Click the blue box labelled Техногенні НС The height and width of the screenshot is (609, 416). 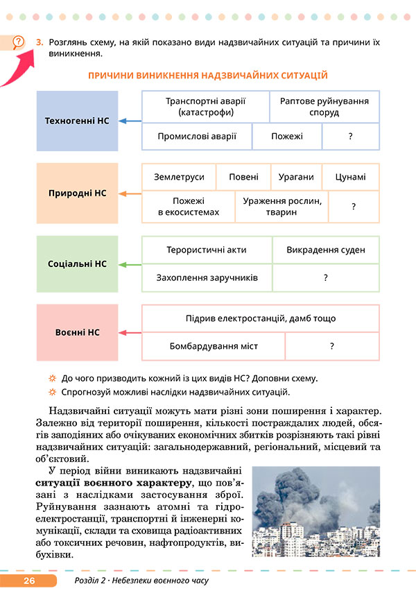77,121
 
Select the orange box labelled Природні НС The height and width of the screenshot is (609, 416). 77,193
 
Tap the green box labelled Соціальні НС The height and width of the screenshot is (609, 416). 77,264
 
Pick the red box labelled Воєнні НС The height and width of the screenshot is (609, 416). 77,333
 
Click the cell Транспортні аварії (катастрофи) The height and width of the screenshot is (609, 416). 205,106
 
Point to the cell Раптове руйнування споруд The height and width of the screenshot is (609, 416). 324,106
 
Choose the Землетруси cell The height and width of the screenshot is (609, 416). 179,177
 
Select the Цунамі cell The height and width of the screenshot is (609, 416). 350,177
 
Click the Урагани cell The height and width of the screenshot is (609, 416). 296,177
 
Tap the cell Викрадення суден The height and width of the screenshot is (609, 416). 325,250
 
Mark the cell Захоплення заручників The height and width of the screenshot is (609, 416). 207,277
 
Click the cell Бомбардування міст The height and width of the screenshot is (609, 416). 213,346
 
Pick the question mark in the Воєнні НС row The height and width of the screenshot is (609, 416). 332,346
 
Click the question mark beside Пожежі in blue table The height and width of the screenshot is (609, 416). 351,137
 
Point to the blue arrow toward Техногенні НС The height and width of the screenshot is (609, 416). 130,121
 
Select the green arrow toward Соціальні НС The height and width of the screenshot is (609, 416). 130,264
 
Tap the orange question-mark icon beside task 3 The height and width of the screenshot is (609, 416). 19,42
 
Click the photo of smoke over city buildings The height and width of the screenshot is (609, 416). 315,511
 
